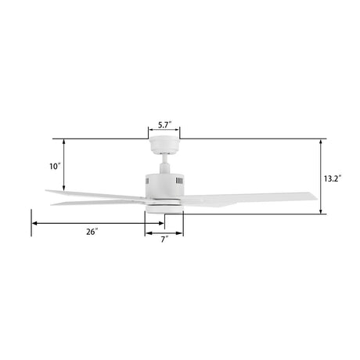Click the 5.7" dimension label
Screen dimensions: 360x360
click(x=164, y=124)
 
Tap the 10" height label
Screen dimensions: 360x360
click(x=54, y=166)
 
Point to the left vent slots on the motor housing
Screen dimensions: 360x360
click(x=147, y=182)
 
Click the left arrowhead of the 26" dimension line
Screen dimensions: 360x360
click(x=34, y=224)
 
